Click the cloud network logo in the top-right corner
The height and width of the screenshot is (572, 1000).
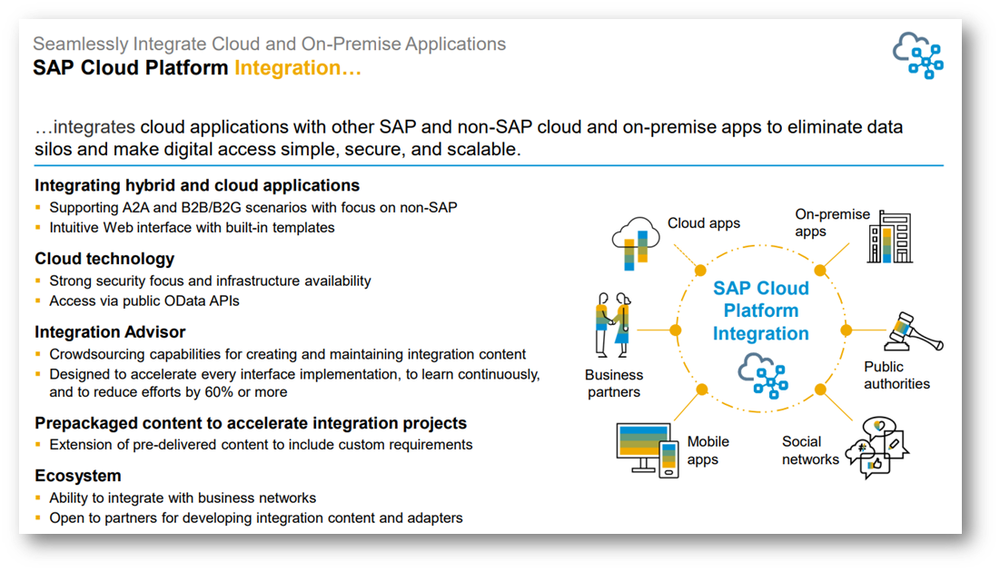pyautogui.click(x=917, y=55)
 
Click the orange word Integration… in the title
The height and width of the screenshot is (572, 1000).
pyautogui.click(x=298, y=68)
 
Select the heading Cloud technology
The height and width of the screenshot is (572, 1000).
pyautogui.click(x=104, y=259)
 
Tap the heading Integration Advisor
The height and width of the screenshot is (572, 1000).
pyautogui.click(x=110, y=332)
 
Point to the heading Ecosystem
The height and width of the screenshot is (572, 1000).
pyautogui.click(x=78, y=476)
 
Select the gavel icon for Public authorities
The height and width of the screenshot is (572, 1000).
pyautogui.click(x=914, y=333)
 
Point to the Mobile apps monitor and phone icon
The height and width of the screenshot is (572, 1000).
pyautogui.click(x=647, y=449)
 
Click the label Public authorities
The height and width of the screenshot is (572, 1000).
pyautogui.click(x=896, y=375)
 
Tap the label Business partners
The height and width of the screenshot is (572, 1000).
pyautogui.click(x=614, y=383)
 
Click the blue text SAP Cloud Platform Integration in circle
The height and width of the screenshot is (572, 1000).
pyautogui.click(x=760, y=311)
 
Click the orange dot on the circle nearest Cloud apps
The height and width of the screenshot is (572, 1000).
pyautogui.click(x=700, y=271)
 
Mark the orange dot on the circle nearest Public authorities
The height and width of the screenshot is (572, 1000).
pyautogui.click(x=847, y=330)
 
